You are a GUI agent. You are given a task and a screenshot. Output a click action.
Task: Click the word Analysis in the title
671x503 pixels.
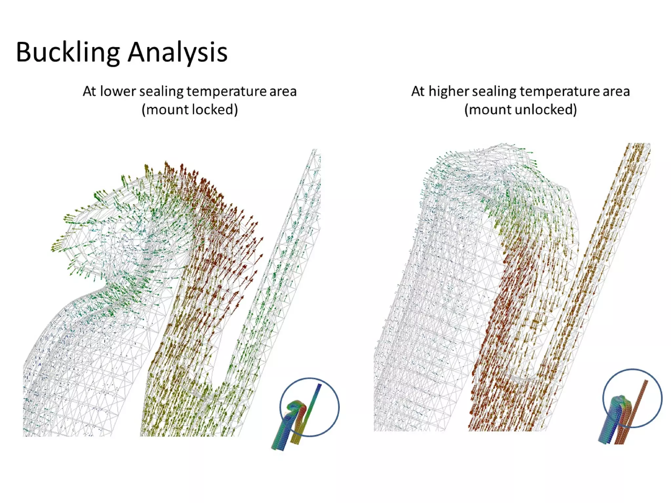178,52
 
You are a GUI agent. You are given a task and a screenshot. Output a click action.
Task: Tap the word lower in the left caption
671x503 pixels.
118,91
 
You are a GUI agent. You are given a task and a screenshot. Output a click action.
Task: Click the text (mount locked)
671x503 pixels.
190,110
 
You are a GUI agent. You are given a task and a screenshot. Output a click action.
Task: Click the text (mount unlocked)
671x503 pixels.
520,110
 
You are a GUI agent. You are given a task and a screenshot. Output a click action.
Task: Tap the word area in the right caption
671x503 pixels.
616,91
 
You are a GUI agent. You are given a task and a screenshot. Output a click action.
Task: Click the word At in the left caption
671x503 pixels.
89,91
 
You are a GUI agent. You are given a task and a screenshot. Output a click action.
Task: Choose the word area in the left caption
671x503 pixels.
283,91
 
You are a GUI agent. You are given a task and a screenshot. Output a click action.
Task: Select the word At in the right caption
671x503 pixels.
418,91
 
